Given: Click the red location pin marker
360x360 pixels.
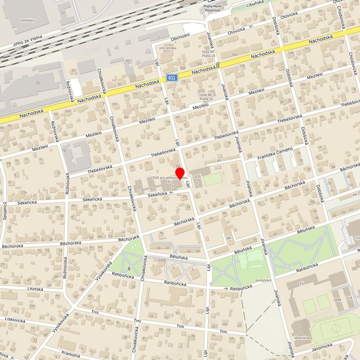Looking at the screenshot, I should (181, 173).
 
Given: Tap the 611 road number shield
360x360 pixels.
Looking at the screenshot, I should (172, 78).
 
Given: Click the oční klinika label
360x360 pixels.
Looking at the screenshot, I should (168, 48).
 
